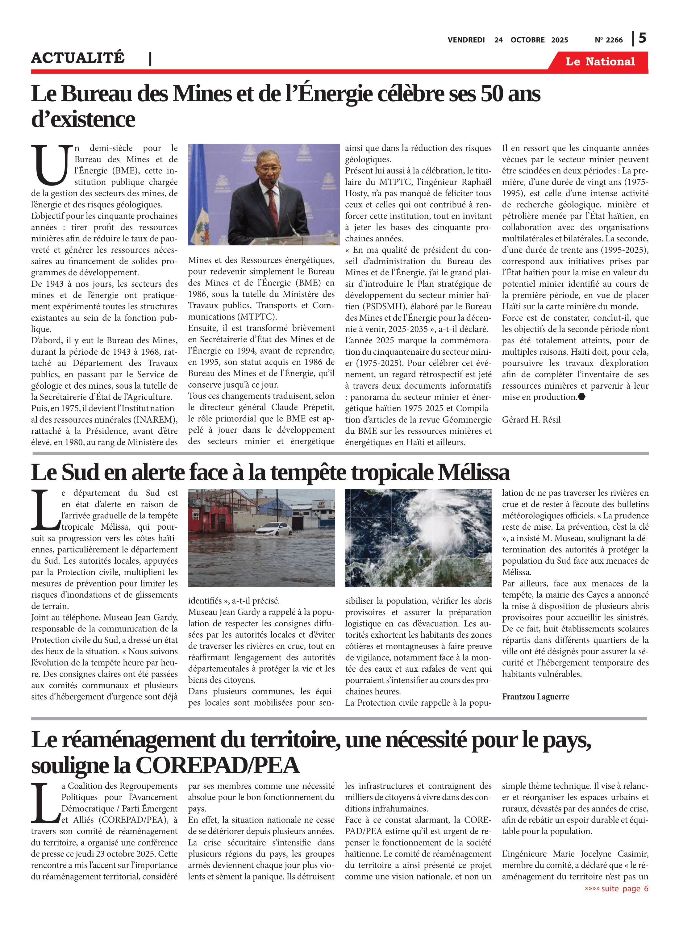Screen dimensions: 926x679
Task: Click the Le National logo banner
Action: pyautogui.click(x=600, y=62)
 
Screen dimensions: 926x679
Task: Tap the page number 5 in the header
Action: pyautogui.click(x=642, y=38)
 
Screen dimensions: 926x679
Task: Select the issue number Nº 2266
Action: pyautogui.click(x=608, y=40)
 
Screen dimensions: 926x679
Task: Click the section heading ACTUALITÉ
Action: pyautogui.click(x=78, y=58)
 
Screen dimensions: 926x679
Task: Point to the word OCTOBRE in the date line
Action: pyautogui.click(x=527, y=40)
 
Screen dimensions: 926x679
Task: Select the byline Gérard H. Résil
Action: pyautogui.click(x=531, y=420)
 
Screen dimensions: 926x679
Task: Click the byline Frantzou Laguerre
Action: pyautogui.click(x=535, y=697)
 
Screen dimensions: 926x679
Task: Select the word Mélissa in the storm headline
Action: pyautogui.click(x=473, y=473)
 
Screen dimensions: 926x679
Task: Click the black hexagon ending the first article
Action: pyautogui.click(x=581, y=397)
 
